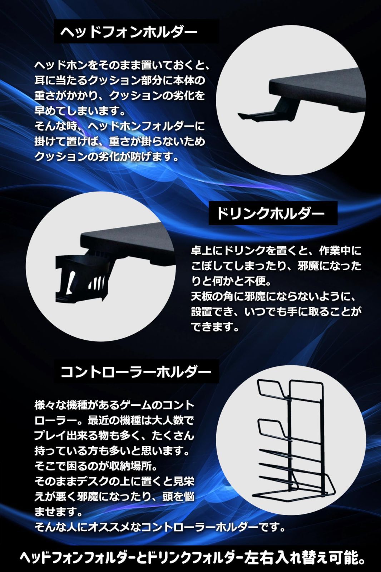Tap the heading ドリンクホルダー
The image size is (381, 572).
(270, 213)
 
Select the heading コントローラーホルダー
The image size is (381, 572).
(135, 372)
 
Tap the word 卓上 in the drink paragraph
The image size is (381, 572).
(199, 251)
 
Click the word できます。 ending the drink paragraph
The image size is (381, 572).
(215, 327)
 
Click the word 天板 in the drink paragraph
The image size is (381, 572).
(199, 296)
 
